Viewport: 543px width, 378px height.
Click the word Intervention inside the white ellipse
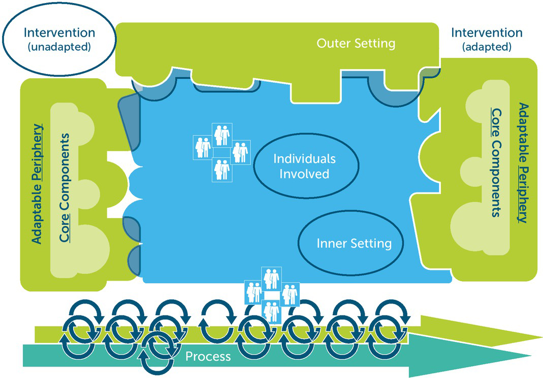pyautogui.click(x=59, y=32)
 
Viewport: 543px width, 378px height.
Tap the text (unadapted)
pyautogui.click(x=59, y=48)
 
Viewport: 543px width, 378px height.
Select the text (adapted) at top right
pyautogui.click(x=487, y=48)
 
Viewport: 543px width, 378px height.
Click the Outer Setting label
pyautogui.click(x=356, y=43)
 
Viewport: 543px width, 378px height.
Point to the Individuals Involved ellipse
pyautogui.click(x=305, y=166)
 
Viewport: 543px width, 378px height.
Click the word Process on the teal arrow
pyautogui.click(x=208, y=357)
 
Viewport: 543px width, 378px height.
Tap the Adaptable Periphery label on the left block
pyautogui.click(x=37, y=183)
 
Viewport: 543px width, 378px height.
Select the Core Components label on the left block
pyautogui.click(x=65, y=187)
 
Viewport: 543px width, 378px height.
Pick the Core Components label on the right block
pyautogui.click(x=496, y=162)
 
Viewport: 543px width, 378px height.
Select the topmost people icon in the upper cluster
pyautogui.click(x=222, y=134)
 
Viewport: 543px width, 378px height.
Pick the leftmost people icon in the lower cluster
pyautogui.click(x=253, y=292)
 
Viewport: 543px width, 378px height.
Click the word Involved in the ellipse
pyautogui.click(x=305, y=174)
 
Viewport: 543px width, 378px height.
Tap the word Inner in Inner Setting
pyautogui.click(x=330, y=244)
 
